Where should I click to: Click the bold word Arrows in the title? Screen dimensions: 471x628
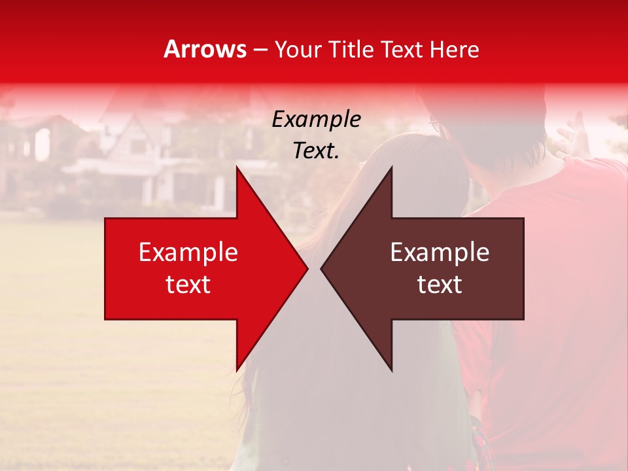tap(205, 49)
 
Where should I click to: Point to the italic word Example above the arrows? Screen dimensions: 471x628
tap(316, 120)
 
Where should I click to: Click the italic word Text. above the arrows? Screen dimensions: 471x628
tap(316, 150)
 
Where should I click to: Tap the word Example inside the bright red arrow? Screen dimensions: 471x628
tap(188, 253)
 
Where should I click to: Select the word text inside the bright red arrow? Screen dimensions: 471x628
tap(188, 284)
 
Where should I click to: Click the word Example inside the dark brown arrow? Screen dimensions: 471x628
tap(440, 253)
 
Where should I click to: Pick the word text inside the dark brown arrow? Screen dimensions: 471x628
tap(440, 284)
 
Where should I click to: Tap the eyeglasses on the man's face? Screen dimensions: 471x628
tap(435, 123)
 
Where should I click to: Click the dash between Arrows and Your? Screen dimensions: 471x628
tap(259, 50)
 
